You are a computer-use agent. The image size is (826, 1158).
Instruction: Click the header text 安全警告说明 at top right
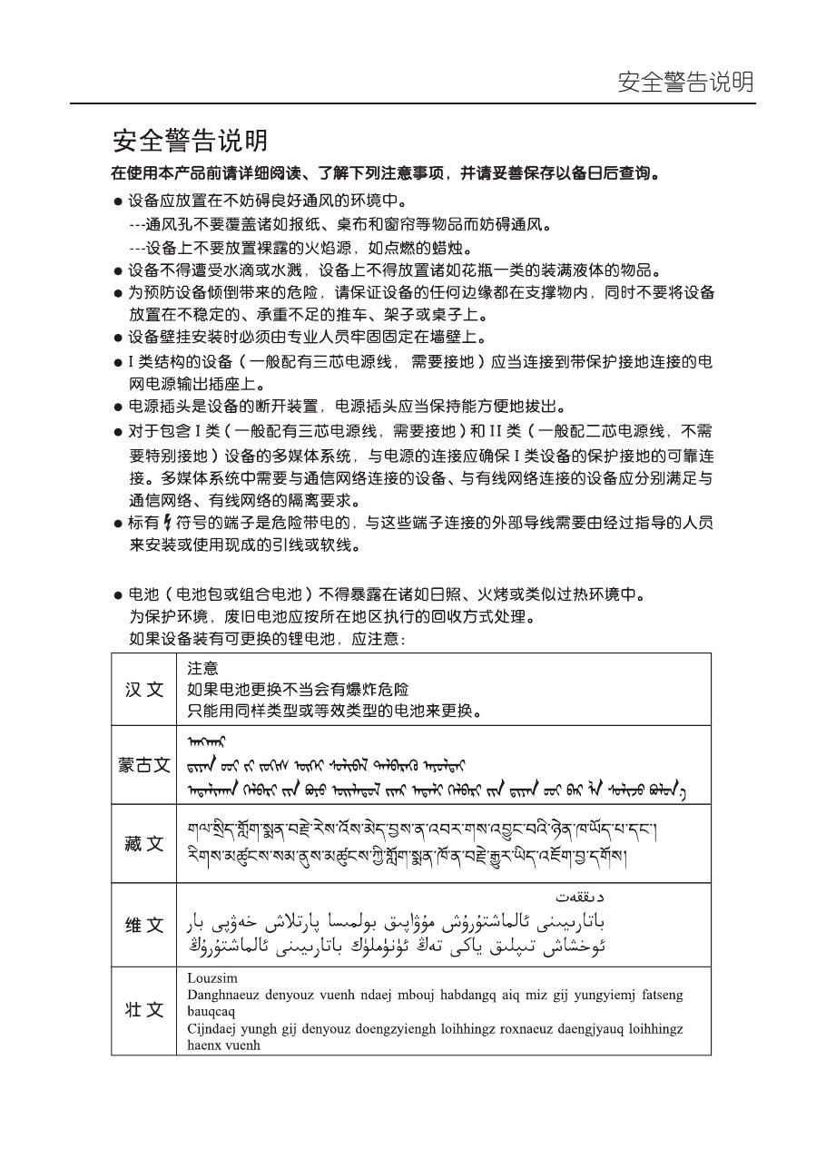click(x=685, y=83)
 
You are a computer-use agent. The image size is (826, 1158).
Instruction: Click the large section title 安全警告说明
click(x=190, y=141)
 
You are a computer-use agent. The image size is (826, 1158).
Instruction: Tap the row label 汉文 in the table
click(x=144, y=690)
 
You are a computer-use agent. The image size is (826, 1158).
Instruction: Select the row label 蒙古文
click(x=144, y=765)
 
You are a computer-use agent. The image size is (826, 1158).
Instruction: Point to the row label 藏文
click(x=144, y=844)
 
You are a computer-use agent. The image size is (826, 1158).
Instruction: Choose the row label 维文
click(x=144, y=926)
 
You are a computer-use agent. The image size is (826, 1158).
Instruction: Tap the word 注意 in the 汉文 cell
click(x=202, y=668)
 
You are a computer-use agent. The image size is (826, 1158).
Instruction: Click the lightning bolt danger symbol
click(x=166, y=522)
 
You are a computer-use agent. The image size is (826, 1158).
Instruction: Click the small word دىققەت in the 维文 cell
click(x=580, y=896)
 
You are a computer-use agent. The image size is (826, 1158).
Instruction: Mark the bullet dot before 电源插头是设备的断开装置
click(x=118, y=407)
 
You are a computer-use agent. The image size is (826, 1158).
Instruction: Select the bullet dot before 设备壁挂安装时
click(x=118, y=339)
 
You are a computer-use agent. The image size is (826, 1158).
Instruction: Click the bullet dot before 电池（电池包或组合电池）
click(x=118, y=596)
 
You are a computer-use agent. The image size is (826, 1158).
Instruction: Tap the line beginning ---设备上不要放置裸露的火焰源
click(x=300, y=248)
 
